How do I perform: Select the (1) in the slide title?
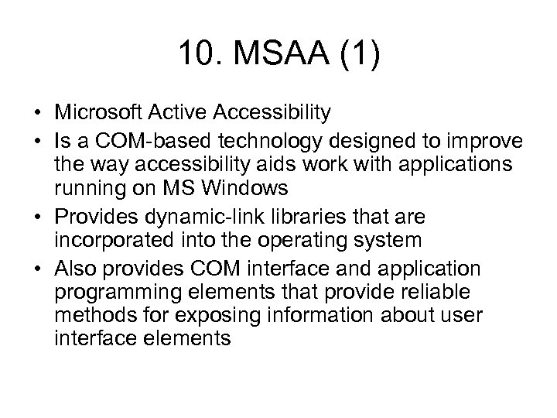(359, 55)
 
